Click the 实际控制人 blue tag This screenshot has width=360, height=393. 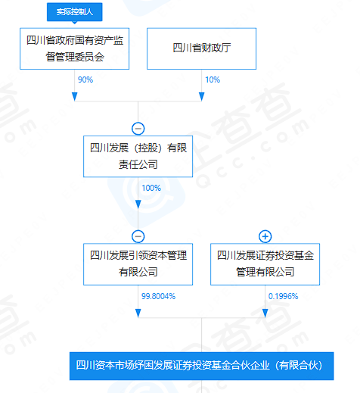pos(75,12)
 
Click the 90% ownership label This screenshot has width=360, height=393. pos(85,80)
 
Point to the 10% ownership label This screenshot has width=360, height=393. pos(213,80)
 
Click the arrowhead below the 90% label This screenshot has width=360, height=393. pos(75,97)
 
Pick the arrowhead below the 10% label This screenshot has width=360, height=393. pos(202,97)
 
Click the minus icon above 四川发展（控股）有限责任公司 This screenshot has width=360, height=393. pos(138,129)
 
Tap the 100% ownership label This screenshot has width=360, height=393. pos(151,188)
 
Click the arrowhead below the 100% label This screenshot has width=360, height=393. pos(138,204)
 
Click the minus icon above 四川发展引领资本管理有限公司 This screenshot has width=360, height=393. pos(138,236)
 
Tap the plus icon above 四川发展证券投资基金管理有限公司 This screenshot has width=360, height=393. pos(265,236)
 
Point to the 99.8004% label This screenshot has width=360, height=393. pos(158,296)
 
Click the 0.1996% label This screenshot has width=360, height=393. pos(283,296)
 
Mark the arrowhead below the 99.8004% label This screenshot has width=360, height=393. pos(138,313)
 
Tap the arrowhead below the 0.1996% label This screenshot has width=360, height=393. pos(265,313)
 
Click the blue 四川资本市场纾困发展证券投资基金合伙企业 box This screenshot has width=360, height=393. pos(202,366)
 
